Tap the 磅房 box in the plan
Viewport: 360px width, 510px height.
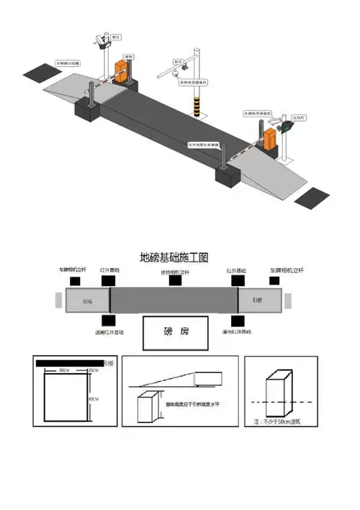pos(176,332)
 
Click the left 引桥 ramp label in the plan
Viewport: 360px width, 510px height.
pos(87,302)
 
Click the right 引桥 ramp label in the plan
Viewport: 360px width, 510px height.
pos(257,300)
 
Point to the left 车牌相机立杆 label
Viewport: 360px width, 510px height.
pos(73,270)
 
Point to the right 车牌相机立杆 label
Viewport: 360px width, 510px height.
pos(284,270)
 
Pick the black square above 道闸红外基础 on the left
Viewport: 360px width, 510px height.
pos(109,320)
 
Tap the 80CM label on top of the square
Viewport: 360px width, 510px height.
pos(64,370)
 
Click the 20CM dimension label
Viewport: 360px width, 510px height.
pos(93,370)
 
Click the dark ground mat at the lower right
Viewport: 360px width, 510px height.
pos(315,197)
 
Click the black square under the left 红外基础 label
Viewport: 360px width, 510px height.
pos(110,279)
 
